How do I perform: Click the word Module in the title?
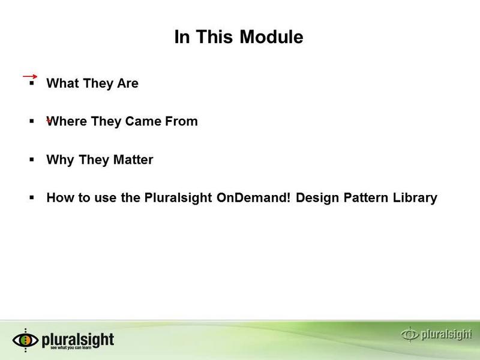271,37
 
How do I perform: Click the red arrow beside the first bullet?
30,76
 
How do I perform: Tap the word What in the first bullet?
62,83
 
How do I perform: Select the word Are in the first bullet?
128,83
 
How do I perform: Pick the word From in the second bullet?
182,121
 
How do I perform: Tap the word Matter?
133,160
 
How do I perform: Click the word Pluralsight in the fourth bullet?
178,198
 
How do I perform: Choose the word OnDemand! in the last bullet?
253,197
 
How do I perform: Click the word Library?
415,198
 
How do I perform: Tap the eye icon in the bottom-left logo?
25,340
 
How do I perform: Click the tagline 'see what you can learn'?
71,348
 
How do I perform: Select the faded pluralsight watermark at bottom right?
436,334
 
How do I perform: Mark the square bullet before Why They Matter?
32,160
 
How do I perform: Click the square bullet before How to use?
32,197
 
